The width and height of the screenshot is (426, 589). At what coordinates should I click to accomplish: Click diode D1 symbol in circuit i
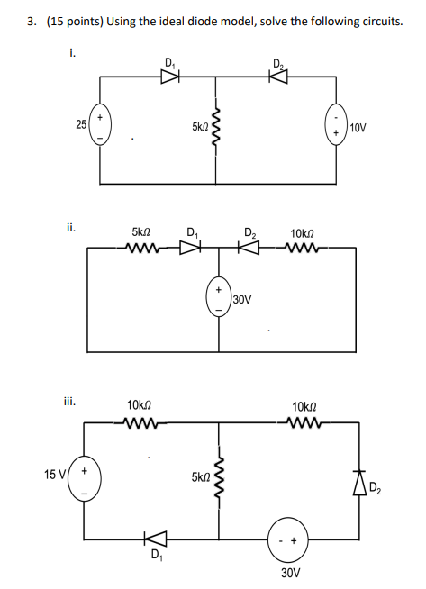click(x=169, y=77)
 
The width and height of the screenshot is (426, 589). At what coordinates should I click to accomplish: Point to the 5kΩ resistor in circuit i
click(x=216, y=130)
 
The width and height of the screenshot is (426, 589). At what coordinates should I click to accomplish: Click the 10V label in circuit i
click(x=358, y=128)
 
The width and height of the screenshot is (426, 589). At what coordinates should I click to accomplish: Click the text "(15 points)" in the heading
click(x=75, y=21)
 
